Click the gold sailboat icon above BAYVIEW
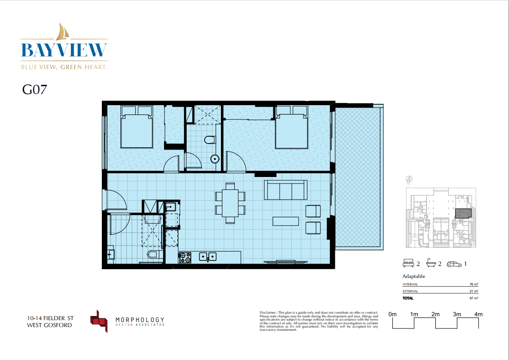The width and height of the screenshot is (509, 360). click(63, 32)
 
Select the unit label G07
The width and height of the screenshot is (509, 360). click(34, 89)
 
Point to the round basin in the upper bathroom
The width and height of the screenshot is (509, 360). click(214, 159)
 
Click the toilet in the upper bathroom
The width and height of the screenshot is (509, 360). click(210, 139)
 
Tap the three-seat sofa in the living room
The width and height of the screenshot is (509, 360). click(285, 189)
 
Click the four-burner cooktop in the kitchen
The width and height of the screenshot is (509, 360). click(185, 257)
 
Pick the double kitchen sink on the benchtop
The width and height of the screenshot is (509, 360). click(208, 256)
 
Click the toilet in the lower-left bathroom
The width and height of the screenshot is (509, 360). click(152, 255)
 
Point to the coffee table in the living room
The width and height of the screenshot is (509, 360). click(286, 221)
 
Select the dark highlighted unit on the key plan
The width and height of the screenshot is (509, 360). click(464, 213)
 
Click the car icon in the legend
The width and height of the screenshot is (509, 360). click(454, 264)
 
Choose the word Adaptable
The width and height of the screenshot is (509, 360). click(414, 276)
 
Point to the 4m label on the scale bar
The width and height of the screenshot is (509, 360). click(478, 314)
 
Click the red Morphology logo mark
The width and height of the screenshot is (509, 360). click(99, 320)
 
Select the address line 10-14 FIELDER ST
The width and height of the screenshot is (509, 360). click(50, 318)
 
